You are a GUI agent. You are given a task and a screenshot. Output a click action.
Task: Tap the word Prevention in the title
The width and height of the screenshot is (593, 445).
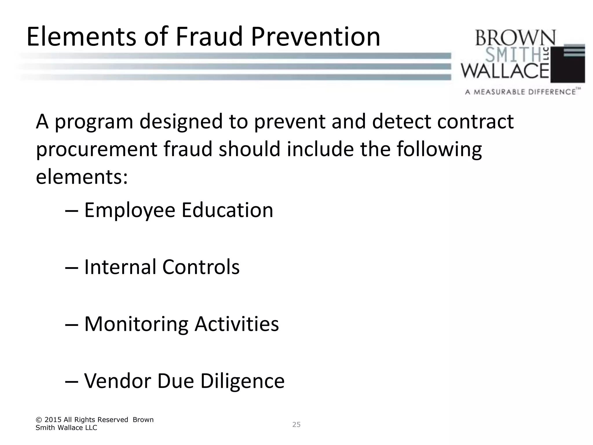tap(315, 37)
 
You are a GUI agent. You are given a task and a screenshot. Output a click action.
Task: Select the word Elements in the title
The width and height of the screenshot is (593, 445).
tap(81, 37)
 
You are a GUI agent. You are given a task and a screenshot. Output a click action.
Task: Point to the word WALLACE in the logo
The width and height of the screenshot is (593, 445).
tap(505, 71)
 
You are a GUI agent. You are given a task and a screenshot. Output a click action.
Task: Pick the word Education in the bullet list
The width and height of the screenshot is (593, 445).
tap(227, 210)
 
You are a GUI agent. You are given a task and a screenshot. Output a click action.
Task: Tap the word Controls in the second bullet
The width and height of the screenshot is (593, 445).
tap(201, 267)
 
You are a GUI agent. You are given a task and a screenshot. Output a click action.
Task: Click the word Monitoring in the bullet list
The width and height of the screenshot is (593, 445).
tap(136, 324)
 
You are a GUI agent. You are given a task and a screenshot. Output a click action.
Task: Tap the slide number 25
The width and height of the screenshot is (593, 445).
tap(296, 424)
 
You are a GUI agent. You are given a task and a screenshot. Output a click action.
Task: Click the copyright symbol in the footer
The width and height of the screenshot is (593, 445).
tap(39, 420)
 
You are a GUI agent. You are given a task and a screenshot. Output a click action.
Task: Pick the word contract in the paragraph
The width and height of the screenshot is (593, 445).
tap(475, 122)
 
